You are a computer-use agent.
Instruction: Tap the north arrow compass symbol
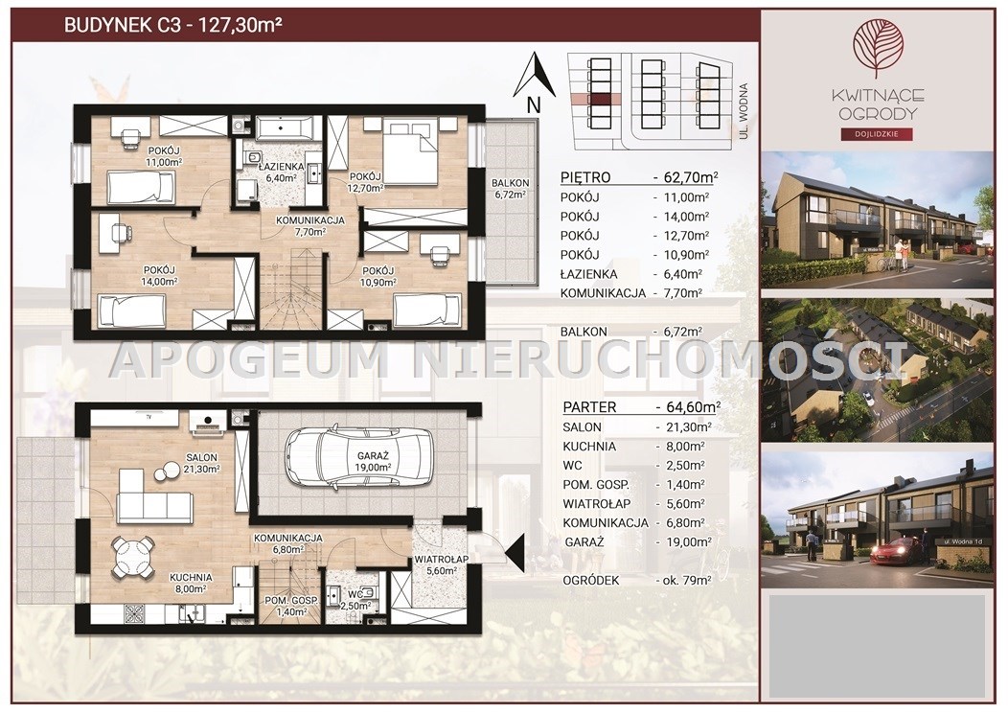coord(534,75)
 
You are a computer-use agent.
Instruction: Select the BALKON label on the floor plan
coord(511,183)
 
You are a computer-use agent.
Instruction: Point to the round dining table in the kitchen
coord(132,556)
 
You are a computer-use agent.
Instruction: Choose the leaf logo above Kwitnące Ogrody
coord(878,48)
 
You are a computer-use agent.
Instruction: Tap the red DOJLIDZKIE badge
coord(878,134)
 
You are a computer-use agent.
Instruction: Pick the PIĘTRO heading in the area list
coord(585,177)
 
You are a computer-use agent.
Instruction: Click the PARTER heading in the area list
coord(589,407)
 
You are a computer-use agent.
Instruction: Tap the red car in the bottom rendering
coord(896,551)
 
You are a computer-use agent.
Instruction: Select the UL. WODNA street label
coord(744,111)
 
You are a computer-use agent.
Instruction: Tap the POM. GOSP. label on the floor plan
coord(292,601)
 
